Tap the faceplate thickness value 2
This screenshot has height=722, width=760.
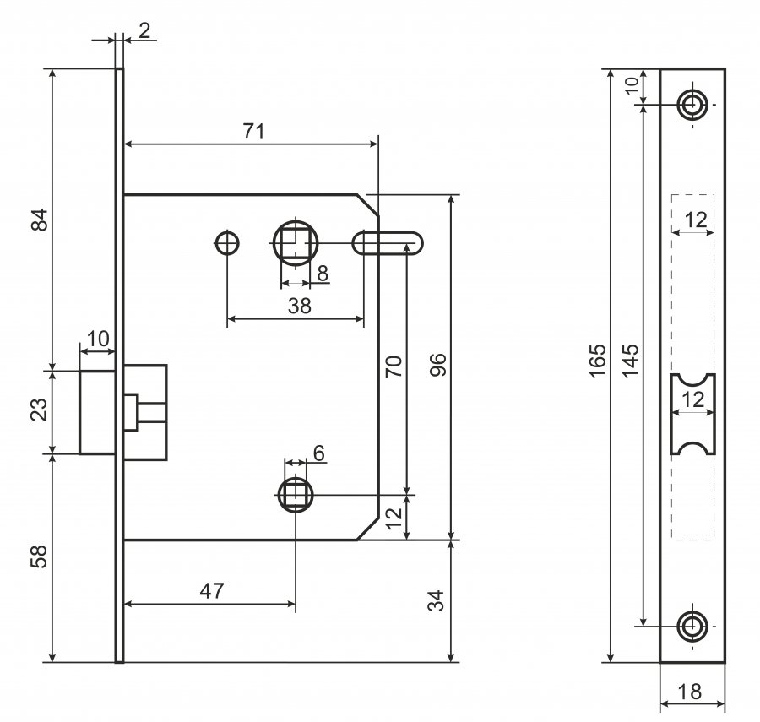pos(144,31)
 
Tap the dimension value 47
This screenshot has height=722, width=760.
pos(213,591)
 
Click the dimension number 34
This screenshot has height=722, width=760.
pos(437,601)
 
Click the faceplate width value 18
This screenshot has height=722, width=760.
pos(690,692)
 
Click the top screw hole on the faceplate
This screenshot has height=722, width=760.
pos(692,105)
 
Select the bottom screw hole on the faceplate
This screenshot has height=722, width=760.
pos(692,626)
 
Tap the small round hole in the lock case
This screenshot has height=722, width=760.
pos(226,243)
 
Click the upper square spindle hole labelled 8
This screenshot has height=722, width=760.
pos(296,243)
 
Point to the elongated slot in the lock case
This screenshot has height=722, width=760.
pos(388,243)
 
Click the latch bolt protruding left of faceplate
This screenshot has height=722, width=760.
pos(96,411)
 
